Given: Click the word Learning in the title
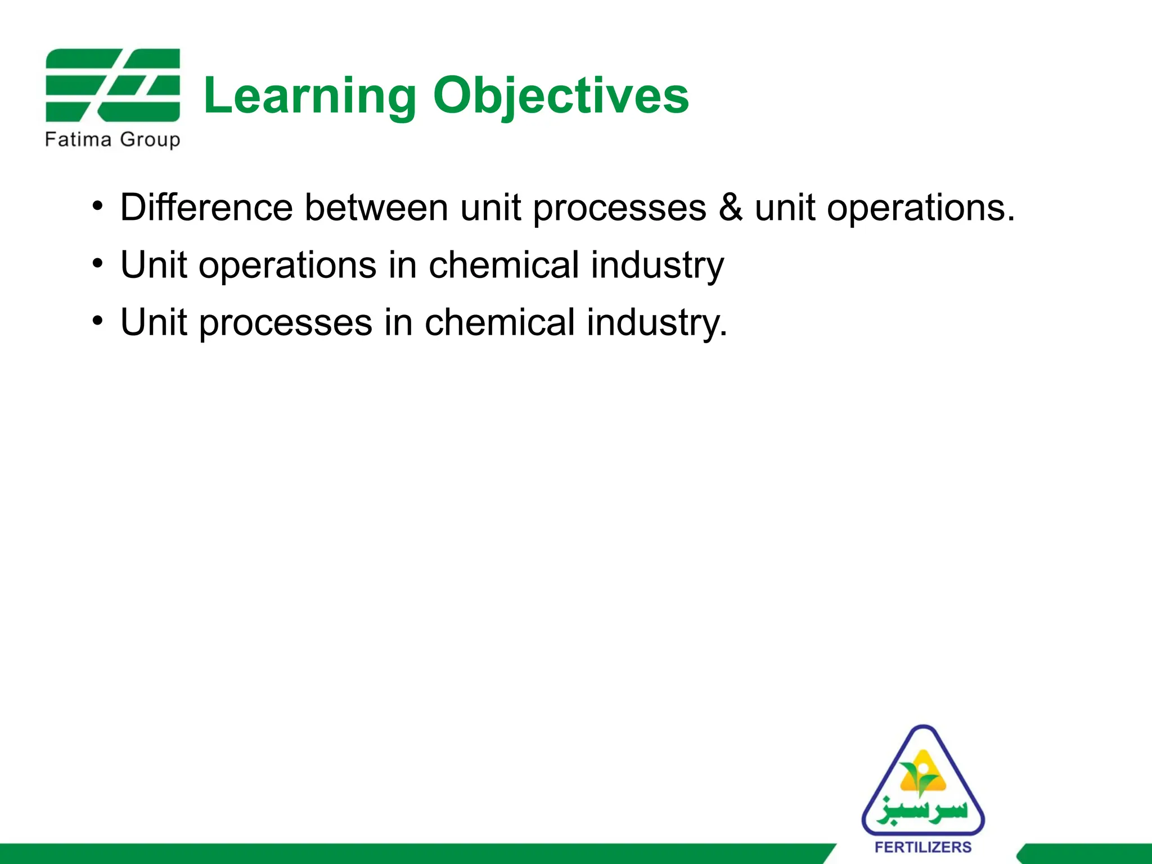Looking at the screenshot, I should coord(310,97).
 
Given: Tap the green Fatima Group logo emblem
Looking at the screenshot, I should coord(112,85).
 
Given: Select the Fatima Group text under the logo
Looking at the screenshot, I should coord(112,139).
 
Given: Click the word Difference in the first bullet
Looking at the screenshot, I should coord(206,208).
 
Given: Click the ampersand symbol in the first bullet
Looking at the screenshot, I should coord(730,208).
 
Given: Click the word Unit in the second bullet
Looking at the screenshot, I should coord(153,265).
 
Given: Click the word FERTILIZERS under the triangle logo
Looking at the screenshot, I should coord(923,847).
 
